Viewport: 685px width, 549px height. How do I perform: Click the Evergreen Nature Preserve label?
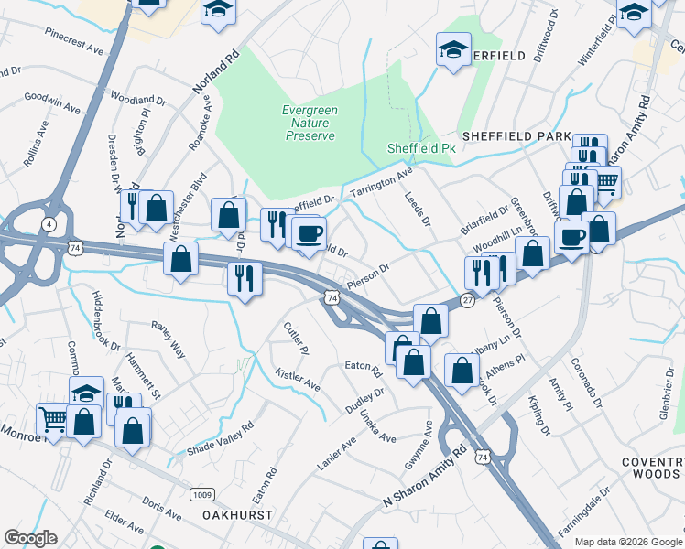click(x=309, y=123)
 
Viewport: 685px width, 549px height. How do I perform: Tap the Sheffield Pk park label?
click(x=421, y=146)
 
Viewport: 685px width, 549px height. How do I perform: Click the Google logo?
click(x=30, y=538)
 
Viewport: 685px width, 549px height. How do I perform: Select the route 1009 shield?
click(x=202, y=494)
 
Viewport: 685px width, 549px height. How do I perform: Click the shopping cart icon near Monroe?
click(x=52, y=420)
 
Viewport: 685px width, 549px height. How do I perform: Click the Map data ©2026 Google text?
click(x=629, y=542)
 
